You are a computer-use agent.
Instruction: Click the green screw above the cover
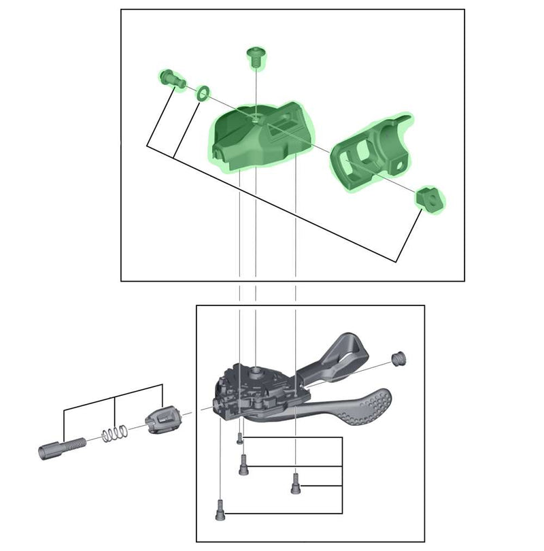coord(256,56)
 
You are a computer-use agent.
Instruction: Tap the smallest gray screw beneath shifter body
coord(240,439)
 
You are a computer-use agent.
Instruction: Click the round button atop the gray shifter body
coord(256,371)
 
